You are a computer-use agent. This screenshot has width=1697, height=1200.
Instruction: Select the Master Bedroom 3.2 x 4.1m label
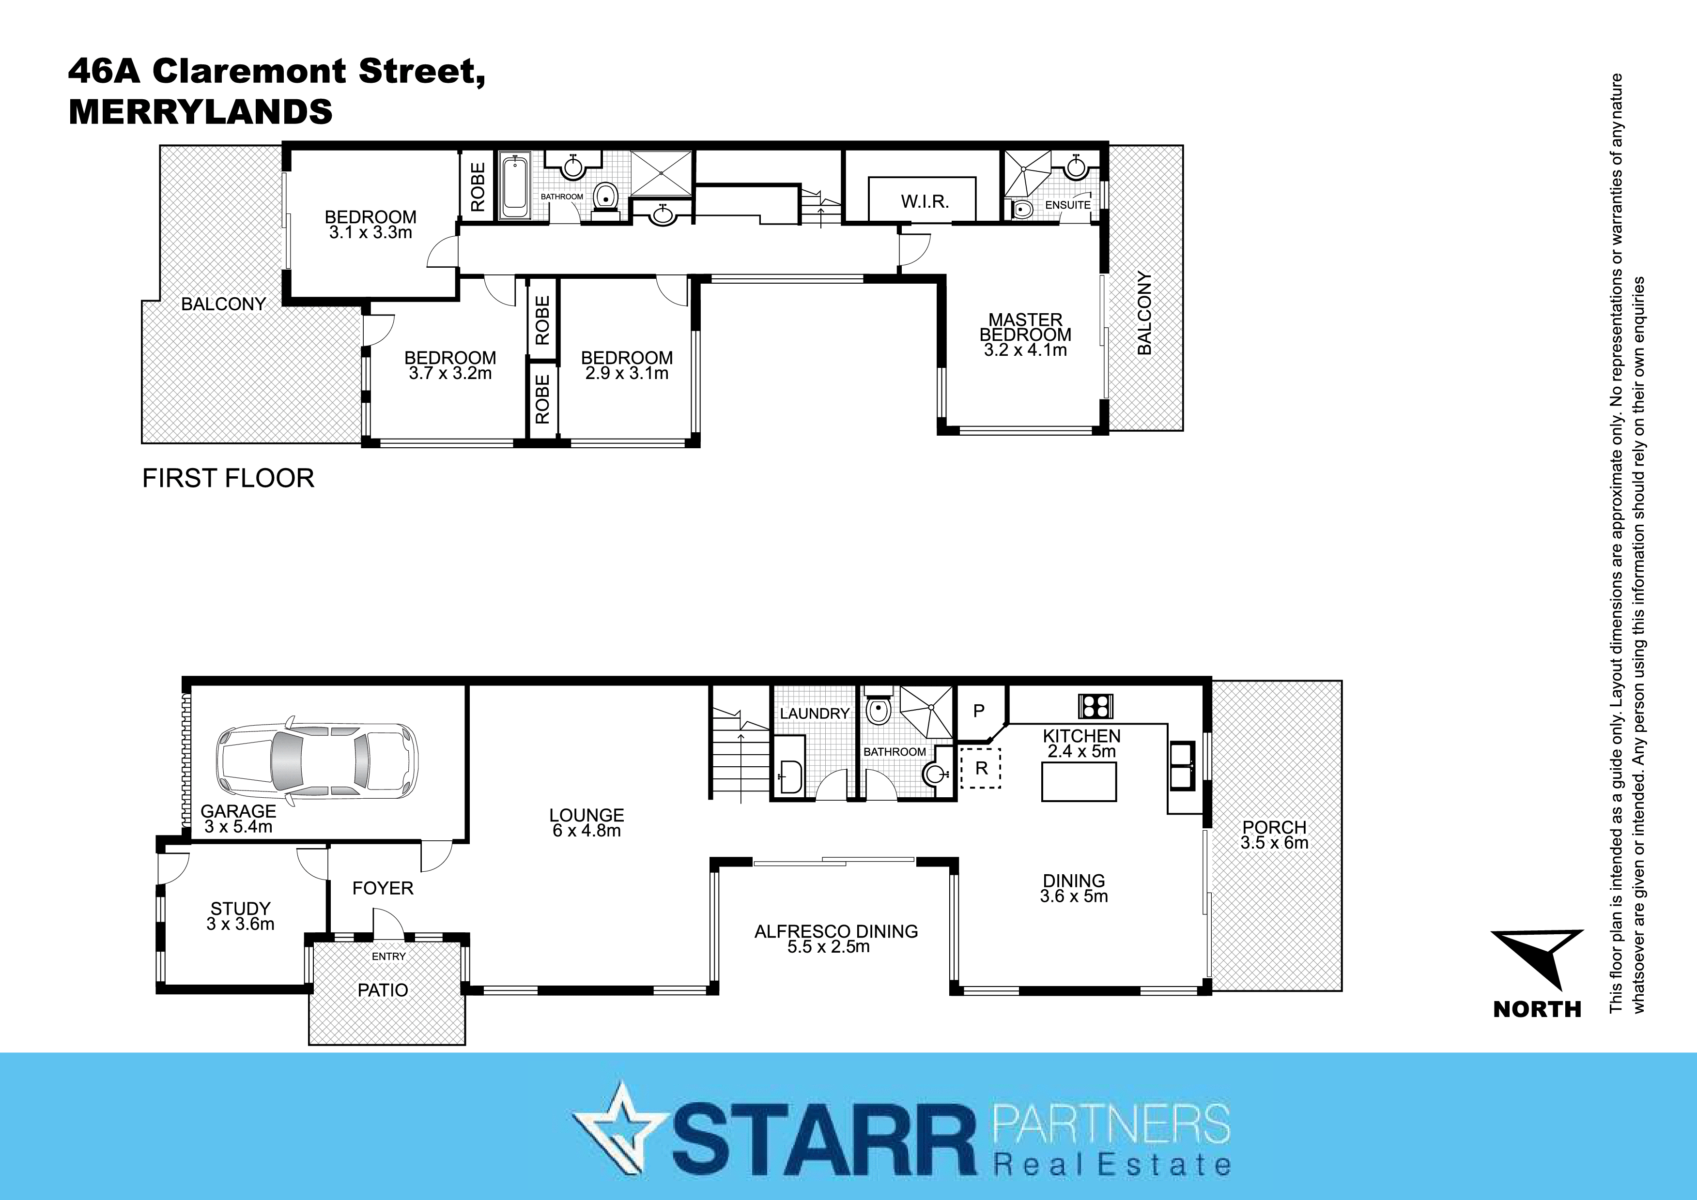point(1025,334)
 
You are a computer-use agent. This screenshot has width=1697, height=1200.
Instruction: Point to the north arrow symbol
point(1537,958)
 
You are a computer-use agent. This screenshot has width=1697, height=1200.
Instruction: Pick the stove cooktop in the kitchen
point(1095,706)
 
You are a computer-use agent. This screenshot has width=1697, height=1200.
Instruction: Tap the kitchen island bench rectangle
point(1079,782)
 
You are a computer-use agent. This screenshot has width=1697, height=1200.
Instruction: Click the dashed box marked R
point(980,768)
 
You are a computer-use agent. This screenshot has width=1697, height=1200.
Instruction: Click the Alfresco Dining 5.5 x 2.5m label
point(835,939)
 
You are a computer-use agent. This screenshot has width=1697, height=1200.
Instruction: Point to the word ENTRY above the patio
point(389,956)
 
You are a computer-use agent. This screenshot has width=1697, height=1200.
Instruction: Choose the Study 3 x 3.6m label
point(240,916)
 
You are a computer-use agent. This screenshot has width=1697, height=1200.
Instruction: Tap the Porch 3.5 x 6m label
point(1274,835)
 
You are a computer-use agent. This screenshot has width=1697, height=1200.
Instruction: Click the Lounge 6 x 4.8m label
point(586,822)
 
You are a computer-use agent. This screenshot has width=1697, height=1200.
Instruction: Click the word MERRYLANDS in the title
point(201,111)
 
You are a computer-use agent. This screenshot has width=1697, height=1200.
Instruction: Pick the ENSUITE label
point(1067,205)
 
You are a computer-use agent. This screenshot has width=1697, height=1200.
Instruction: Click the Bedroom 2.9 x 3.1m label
point(627,365)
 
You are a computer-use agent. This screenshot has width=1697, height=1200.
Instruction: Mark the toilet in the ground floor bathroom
point(878,710)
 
